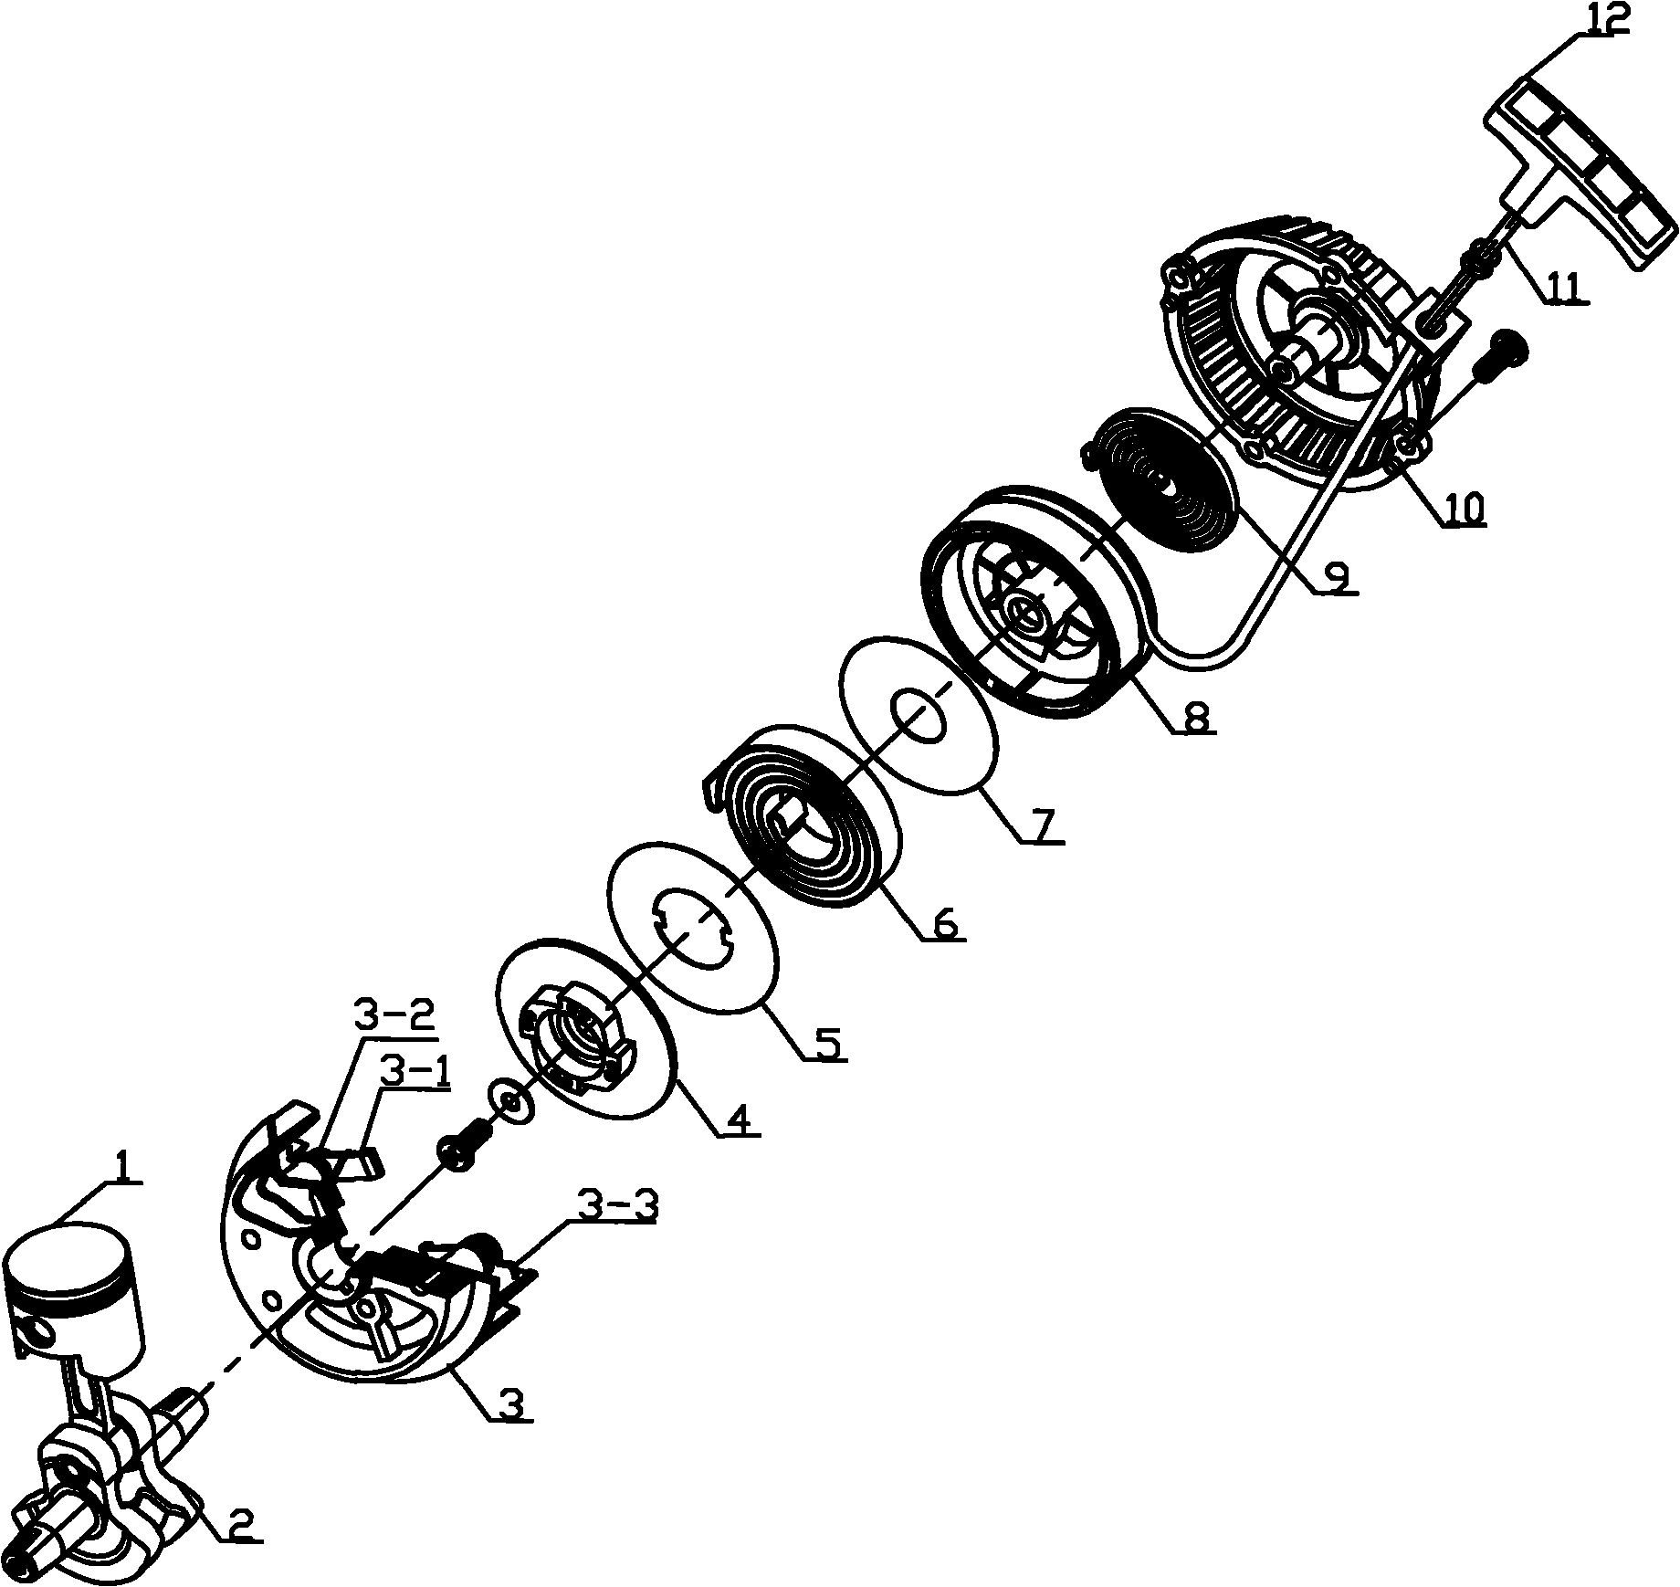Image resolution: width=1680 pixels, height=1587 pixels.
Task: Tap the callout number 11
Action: coord(1567,287)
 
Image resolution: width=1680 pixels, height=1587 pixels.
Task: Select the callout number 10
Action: coord(1464,509)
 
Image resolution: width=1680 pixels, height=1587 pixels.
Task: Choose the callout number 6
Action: coord(945,925)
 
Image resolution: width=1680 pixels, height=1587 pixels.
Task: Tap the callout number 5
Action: coord(827,1043)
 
